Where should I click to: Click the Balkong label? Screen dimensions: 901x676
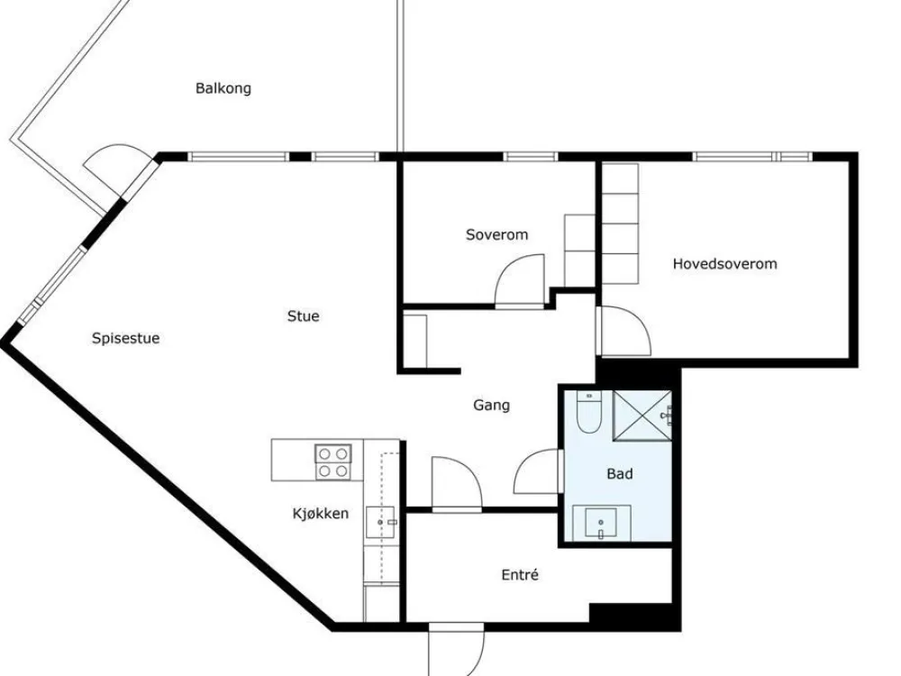click(223, 88)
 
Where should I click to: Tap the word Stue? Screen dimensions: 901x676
click(304, 316)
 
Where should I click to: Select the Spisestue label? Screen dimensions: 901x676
click(126, 339)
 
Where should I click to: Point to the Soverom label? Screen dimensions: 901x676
click(497, 234)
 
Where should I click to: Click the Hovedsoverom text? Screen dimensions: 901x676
click(725, 264)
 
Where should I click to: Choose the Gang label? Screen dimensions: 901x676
click(491, 406)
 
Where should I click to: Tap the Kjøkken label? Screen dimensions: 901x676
click(321, 514)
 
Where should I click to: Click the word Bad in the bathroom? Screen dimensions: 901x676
click(620, 474)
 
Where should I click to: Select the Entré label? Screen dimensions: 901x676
click(520, 575)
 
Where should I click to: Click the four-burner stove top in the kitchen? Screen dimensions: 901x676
click(333, 462)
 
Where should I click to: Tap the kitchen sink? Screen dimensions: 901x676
click(380, 522)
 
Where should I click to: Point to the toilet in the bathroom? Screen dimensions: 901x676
click(588, 412)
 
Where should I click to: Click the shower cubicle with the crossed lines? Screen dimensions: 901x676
click(642, 415)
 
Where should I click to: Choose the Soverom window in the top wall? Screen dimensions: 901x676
click(531, 156)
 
